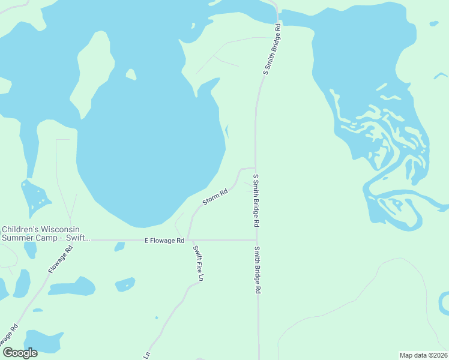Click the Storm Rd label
point(215,197)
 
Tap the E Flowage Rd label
point(164,241)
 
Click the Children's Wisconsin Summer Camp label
point(41,233)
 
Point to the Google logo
point(20,353)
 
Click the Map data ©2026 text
point(423,355)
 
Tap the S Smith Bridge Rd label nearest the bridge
point(272,49)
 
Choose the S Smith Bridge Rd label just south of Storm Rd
point(256,200)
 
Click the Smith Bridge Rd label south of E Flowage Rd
point(257,270)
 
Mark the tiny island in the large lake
point(130,74)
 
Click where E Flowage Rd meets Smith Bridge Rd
point(257,240)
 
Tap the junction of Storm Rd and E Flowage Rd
point(188,240)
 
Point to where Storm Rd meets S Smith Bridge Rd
point(256,168)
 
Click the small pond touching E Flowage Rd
point(119,246)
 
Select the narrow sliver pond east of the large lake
point(226,130)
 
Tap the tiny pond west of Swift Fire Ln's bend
point(155,317)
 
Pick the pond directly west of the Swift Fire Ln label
point(125,284)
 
